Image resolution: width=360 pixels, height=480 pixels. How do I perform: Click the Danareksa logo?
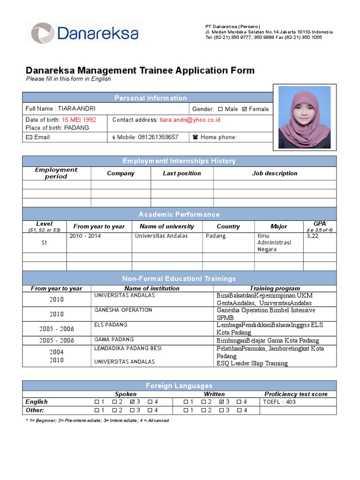click(84, 33)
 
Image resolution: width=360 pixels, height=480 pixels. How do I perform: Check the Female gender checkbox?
click(244, 109)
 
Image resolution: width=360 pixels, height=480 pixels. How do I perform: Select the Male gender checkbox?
click(220, 109)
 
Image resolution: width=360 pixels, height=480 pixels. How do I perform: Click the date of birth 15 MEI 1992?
click(79, 120)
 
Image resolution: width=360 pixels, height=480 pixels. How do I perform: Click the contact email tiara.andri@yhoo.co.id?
click(190, 120)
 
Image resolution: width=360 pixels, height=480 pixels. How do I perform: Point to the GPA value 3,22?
click(312, 236)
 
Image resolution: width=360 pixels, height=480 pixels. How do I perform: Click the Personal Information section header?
click(150, 98)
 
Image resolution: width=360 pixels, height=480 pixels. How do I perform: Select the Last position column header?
click(182, 173)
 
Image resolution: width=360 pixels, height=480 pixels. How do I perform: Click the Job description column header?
click(275, 173)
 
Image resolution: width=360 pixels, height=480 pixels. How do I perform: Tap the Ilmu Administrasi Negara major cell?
click(274, 242)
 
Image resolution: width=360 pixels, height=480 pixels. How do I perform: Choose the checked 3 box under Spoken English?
click(132, 402)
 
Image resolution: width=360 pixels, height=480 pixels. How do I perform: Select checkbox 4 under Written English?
click(239, 402)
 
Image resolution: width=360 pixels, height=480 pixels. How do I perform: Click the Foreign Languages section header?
click(179, 386)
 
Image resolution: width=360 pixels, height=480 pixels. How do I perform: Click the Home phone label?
click(218, 137)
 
